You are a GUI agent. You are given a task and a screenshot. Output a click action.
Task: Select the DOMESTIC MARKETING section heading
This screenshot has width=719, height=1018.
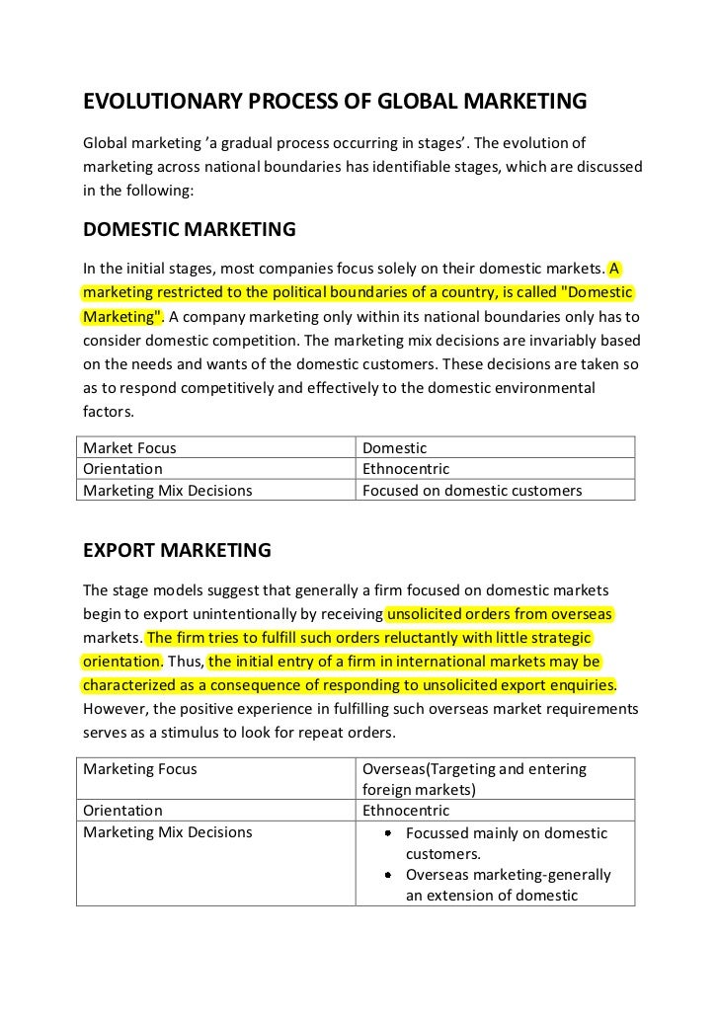(x=189, y=229)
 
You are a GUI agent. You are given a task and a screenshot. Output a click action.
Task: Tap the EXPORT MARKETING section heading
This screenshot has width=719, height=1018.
(x=177, y=549)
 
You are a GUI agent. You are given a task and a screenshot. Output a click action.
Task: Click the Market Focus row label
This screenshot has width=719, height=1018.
(x=129, y=447)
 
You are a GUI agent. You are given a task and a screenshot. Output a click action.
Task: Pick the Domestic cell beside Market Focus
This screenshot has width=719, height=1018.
(x=395, y=447)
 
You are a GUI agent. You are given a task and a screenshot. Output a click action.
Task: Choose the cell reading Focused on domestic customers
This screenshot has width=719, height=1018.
(x=472, y=490)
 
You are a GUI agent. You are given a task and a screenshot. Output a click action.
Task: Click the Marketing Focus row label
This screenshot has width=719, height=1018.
(x=140, y=768)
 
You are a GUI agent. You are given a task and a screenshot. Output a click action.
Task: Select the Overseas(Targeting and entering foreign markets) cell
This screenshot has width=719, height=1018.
(x=474, y=778)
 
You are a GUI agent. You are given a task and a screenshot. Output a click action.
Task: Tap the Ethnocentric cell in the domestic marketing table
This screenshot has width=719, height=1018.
(x=406, y=469)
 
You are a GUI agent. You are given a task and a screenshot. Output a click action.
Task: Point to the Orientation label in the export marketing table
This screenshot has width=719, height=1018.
(x=122, y=811)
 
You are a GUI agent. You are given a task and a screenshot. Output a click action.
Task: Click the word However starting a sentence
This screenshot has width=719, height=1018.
(x=116, y=709)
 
